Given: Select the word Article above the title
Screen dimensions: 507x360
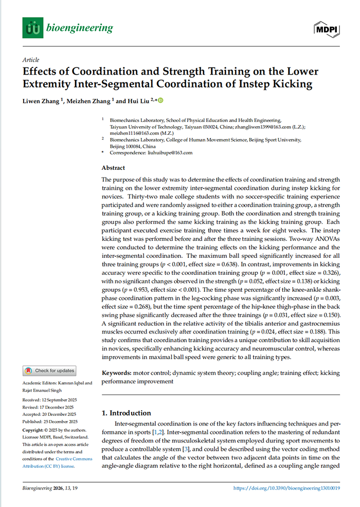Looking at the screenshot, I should point(31,60).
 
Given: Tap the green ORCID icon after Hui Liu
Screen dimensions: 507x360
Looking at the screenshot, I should point(159,100).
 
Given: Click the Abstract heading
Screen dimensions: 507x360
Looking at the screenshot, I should point(114,168).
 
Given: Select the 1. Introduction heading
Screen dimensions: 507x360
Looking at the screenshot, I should point(126,413).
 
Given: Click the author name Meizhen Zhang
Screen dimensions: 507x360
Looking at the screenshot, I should point(91,101).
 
